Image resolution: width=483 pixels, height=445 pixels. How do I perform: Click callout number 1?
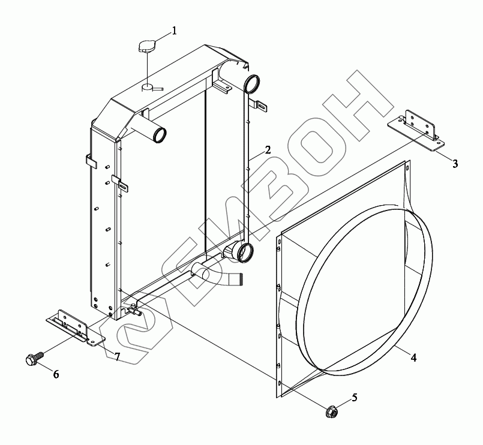click(x=175, y=31)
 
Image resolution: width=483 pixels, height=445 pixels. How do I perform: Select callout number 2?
click(x=268, y=150)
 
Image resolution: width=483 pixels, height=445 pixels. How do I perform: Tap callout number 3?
click(x=455, y=164)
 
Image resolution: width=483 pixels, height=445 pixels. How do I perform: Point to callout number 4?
click(x=413, y=358)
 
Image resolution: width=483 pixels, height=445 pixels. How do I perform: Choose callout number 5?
click(x=355, y=398)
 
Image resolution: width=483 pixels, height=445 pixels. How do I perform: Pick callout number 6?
click(x=56, y=374)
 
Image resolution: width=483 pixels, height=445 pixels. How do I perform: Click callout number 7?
click(x=117, y=357)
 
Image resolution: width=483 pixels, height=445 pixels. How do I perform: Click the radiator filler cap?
click(x=147, y=46)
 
